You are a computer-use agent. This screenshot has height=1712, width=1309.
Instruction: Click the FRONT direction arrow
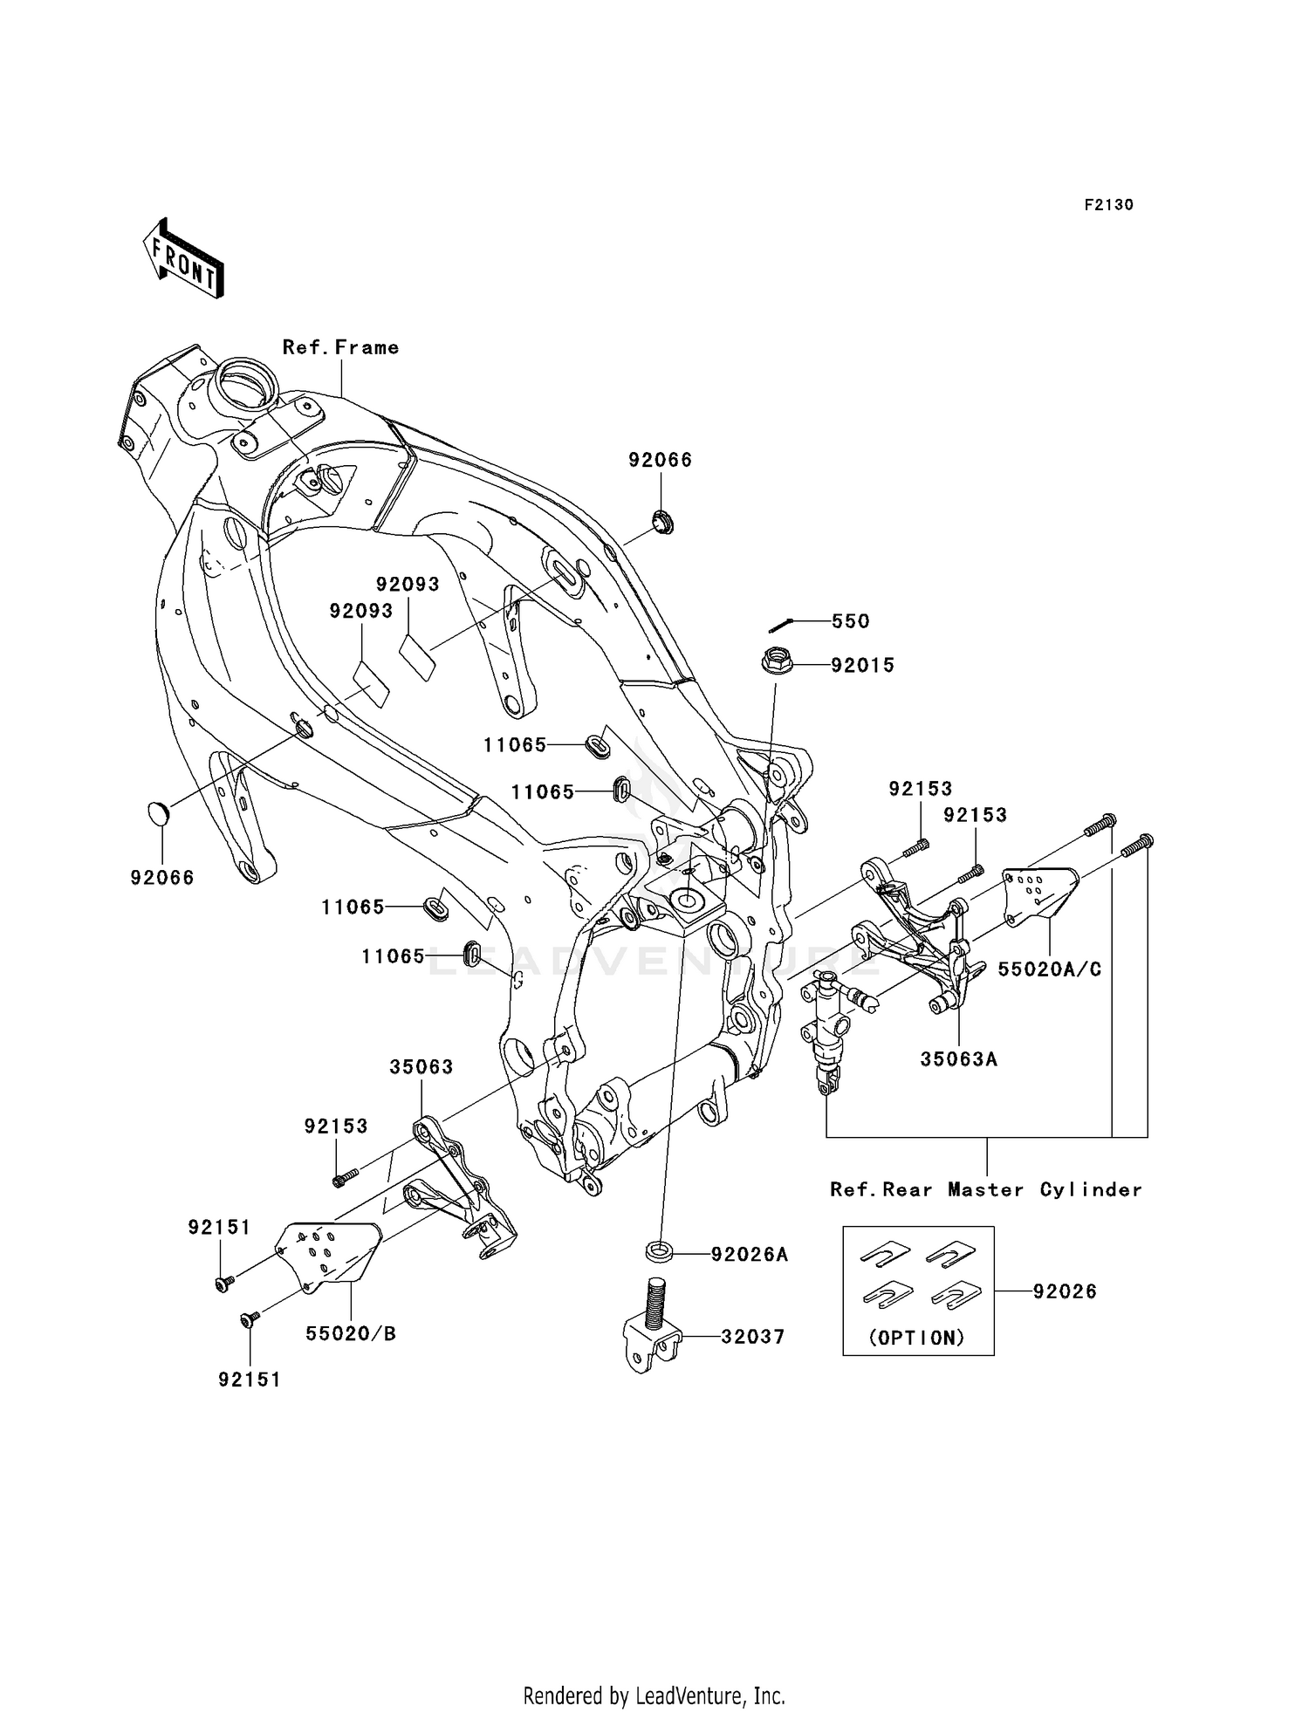183,259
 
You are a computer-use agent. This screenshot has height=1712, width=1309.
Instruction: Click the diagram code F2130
1108,205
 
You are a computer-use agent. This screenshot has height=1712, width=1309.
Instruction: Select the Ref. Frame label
340,347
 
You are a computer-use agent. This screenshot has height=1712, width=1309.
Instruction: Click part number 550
850,621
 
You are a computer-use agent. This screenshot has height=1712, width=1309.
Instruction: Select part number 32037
752,1337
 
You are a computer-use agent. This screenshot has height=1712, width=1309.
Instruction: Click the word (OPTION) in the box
917,1339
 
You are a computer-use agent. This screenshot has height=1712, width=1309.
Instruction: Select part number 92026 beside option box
1065,1291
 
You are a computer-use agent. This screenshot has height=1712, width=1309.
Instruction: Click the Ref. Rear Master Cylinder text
985,1190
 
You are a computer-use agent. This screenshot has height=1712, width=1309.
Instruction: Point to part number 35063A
958,1059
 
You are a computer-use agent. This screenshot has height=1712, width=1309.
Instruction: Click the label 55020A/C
1049,969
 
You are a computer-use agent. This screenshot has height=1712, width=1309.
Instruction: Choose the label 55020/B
351,1334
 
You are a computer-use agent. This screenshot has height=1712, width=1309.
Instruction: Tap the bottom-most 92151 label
250,1380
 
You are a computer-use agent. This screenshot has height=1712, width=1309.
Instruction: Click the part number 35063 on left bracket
421,1067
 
